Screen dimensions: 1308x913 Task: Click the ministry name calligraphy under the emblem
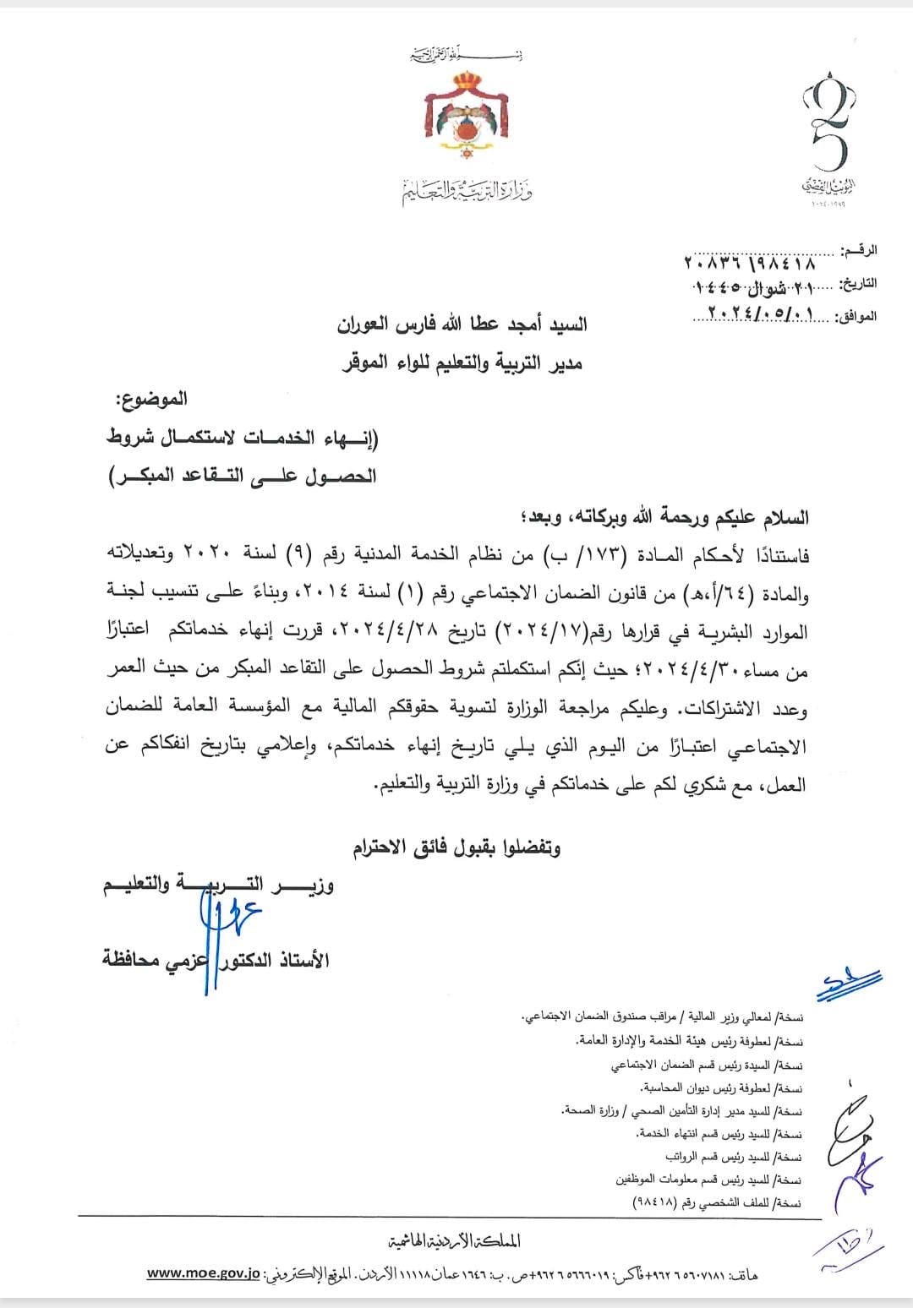pyautogui.click(x=467, y=192)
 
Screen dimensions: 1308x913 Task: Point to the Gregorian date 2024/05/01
pyautogui.click(x=755, y=314)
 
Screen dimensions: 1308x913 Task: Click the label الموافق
pyautogui.click(x=856, y=316)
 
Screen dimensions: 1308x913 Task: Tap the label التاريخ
pyautogui.click(x=857, y=283)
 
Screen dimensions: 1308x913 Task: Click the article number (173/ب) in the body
pyautogui.click(x=578, y=555)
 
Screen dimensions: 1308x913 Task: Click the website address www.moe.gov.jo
pyautogui.click(x=203, y=1273)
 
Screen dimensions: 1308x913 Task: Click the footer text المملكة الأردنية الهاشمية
pyautogui.click(x=454, y=1240)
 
